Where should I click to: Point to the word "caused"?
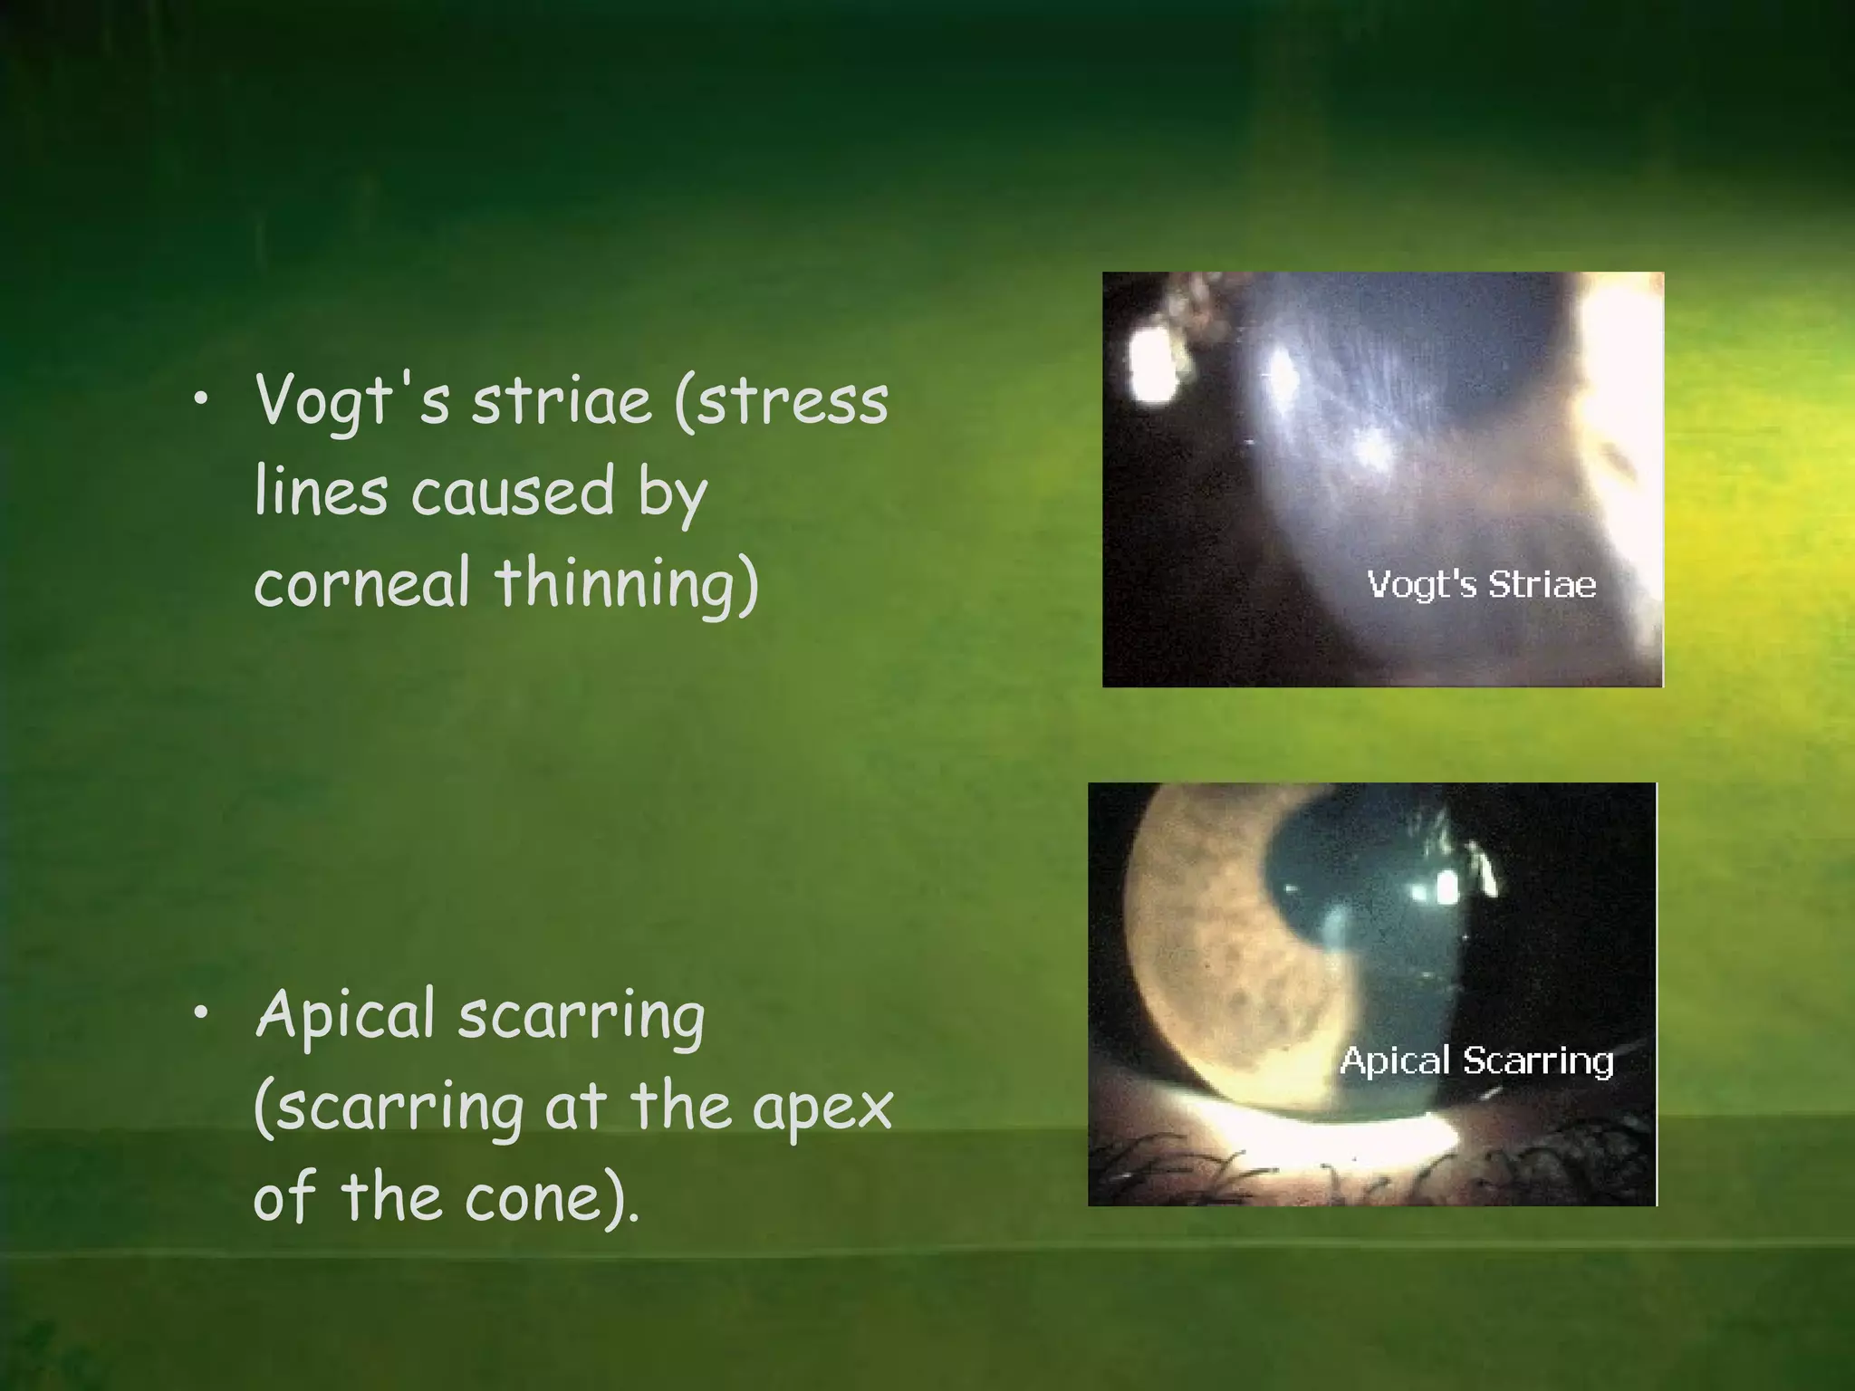pyautogui.click(x=513, y=493)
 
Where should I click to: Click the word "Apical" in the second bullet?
pyautogui.click(x=346, y=1015)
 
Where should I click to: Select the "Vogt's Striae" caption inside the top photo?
pyautogui.click(x=1481, y=584)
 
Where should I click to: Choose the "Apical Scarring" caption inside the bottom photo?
pyautogui.click(x=1476, y=1060)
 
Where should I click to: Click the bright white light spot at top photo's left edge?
pyautogui.click(x=1150, y=364)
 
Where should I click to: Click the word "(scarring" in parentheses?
pyautogui.click(x=389, y=1108)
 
